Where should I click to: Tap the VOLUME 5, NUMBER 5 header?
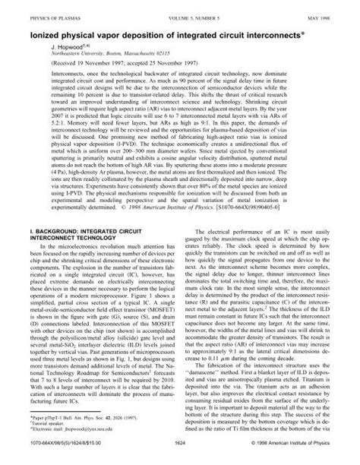pos(179,10)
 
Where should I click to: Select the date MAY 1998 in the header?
pos(325,10)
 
